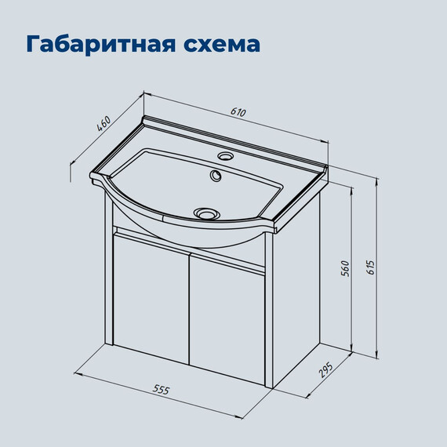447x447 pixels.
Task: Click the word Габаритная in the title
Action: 93,43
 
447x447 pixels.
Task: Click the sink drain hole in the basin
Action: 206,212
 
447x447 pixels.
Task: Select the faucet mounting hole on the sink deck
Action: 224,156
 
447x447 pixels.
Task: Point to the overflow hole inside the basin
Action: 215,176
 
